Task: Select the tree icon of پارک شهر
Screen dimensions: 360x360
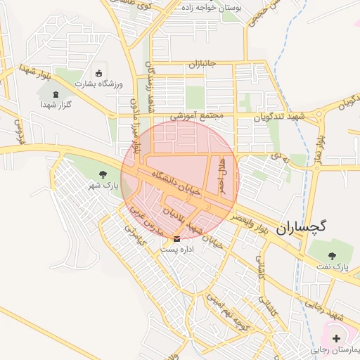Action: pyautogui.click(x=103, y=173)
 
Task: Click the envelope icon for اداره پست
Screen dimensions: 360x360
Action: pyautogui.click(x=176, y=238)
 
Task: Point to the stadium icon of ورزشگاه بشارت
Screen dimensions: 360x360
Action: pyautogui.click(x=98, y=73)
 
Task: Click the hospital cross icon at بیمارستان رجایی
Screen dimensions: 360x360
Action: pyautogui.click(x=336, y=338)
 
